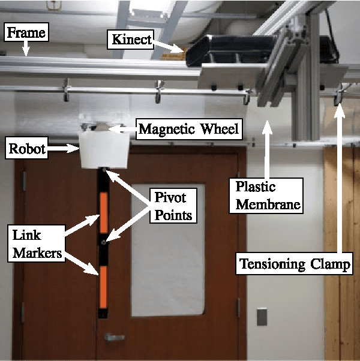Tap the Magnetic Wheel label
point(187,128)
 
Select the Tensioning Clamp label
point(294,263)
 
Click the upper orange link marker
point(104,213)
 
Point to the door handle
point(113,337)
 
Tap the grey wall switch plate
point(262,316)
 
